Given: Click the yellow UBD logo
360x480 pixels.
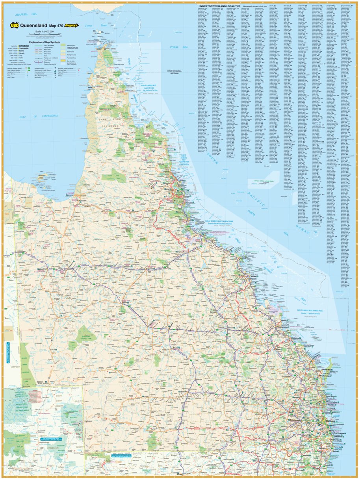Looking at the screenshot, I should [x=15, y=25].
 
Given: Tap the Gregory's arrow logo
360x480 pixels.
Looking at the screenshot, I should [x=72, y=25].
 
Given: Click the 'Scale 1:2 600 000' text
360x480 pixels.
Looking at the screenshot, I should [x=44, y=31].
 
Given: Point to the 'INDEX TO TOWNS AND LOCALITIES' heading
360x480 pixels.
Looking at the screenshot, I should [x=220, y=6].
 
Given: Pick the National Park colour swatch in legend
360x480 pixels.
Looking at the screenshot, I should [x=63, y=46].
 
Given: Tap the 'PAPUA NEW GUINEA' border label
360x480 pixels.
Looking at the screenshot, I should [x=178, y=71].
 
